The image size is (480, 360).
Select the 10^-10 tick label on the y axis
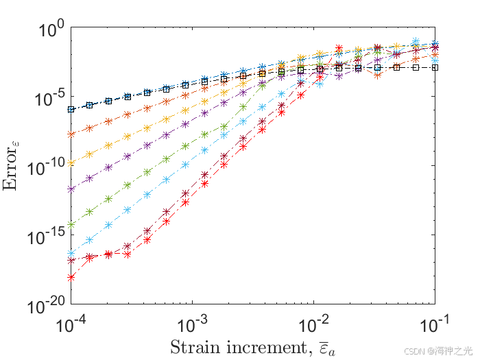tap(45, 167)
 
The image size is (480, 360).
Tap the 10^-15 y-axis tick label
tap(45, 236)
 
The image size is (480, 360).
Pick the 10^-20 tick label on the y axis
tap(45, 304)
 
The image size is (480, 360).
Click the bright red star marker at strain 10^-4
tap(71, 277)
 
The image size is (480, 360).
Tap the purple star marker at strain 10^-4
tap(71, 189)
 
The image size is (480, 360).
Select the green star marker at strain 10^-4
tap(71, 224)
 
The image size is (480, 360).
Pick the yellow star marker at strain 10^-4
tap(71, 163)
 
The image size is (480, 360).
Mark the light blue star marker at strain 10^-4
tap(71, 254)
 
